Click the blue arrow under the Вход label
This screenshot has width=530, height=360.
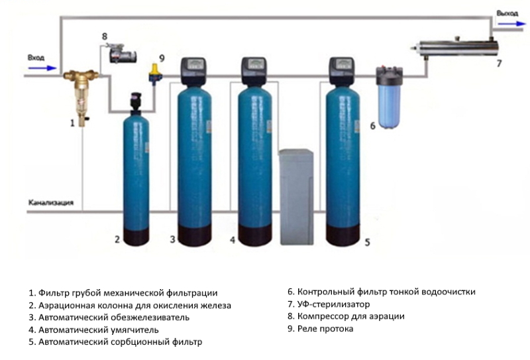(x=42, y=68)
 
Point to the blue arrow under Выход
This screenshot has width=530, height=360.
(x=511, y=24)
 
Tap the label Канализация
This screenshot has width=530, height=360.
(x=51, y=203)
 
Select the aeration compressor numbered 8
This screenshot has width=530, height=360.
(x=123, y=54)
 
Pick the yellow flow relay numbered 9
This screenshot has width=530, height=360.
(x=154, y=74)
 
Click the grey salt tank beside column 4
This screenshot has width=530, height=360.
(x=296, y=197)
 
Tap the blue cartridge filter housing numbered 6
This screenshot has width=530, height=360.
(x=390, y=98)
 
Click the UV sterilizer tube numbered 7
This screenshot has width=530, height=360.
(x=456, y=48)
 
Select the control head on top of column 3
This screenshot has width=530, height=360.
(x=193, y=71)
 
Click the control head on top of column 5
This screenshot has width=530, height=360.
(x=342, y=71)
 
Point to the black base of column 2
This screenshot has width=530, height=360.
(x=136, y=237)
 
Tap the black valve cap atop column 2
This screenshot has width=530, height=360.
(x=136, y=101)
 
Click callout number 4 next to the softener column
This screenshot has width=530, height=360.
(x=233, y=240)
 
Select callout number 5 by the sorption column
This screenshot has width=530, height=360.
(x=368, y=242)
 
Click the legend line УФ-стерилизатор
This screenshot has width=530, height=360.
(x=329, y=304)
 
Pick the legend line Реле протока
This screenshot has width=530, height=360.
(x=321, y=329)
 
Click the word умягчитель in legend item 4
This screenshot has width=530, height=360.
(x=135, y=330)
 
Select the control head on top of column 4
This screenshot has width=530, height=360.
(x=254, y=71)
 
